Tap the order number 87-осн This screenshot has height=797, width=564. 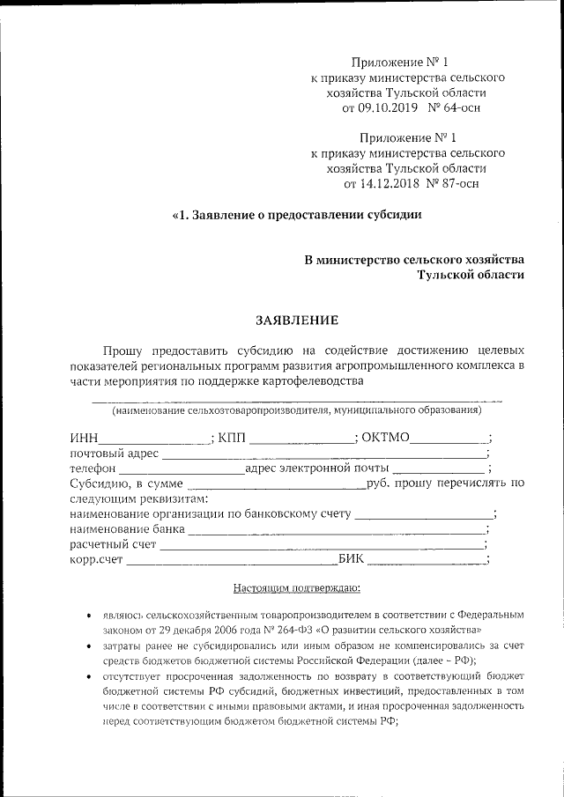(459, 185)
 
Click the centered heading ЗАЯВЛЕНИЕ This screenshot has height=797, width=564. (296, 320)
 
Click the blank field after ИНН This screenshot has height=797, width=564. (155, 438)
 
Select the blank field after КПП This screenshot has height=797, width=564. (302, 438)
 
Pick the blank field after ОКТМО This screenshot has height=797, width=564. (449, 438)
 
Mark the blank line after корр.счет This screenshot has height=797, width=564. (232, 560)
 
